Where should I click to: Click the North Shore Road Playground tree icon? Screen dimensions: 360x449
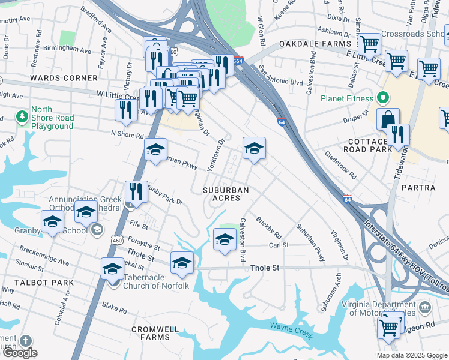tap(22, 115)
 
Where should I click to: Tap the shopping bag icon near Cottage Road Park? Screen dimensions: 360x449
tap(388, 119)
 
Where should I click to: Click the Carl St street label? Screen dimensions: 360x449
tap(279, 245)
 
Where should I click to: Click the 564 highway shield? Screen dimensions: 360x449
tap(238, 61)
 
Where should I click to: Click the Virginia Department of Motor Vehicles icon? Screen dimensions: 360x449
tap(425, 308)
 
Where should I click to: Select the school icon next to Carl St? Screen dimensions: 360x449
tap(224, 239)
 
